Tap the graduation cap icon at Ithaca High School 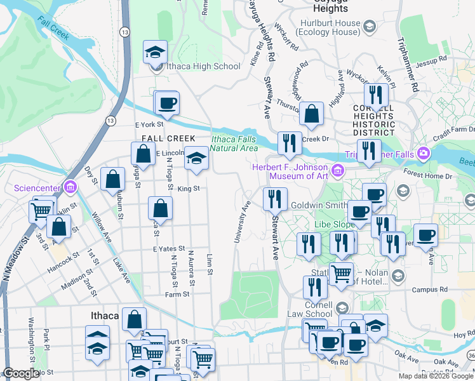click(154, 53)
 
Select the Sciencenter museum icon click(70, 187)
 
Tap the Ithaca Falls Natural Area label click(234, 144)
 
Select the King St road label click(189, 189)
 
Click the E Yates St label click(168, 249)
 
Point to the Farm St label click(177, 294)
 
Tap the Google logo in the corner click(22, 373)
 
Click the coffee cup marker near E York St click(168, 103)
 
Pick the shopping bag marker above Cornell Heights click(311, 114)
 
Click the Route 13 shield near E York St click(111, 120)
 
